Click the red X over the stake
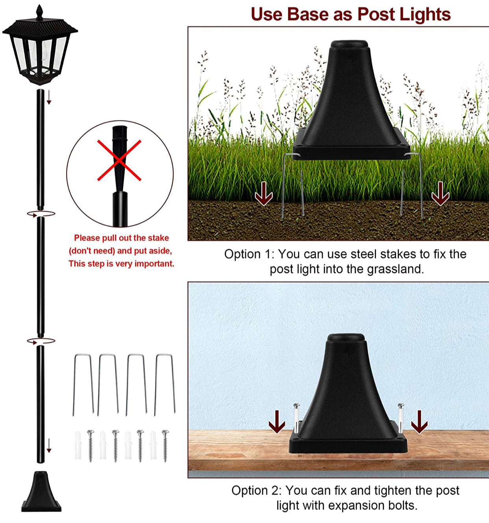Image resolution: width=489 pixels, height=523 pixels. pyautogui.click(x=119, y=160)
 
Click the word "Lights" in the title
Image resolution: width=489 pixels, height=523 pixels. pyautogui.click(x=425, y=15)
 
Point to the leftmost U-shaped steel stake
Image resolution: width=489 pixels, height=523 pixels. pyautogui.click(x=83, y=384)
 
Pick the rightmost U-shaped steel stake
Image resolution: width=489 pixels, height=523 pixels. pyautogui.click(x=165, y=384)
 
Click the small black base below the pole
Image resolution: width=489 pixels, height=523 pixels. pyautogui.click(x=41, y=492)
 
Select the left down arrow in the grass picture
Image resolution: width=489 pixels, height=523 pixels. pyautogui.click(x=264, y=194)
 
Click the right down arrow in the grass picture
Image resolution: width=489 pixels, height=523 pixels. pyautogui.click(x=440, y=194)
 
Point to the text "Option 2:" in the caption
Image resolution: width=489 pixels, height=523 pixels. pyautogui.click(x=256, y=491)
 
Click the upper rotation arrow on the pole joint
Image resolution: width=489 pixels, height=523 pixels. pyautogui.click(x=41, y=214)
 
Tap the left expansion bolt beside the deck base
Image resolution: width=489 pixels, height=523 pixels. pyautogui.click(x=296, y=418)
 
